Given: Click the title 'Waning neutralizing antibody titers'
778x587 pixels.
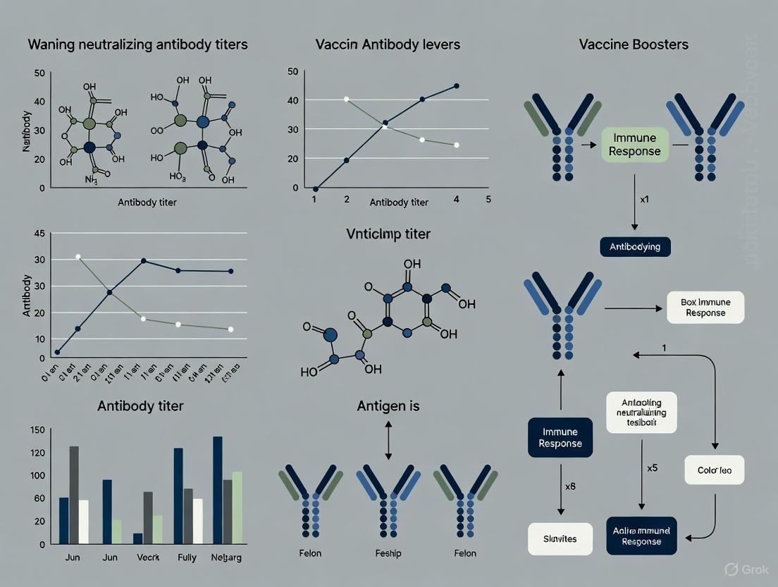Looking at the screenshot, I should point(137,44).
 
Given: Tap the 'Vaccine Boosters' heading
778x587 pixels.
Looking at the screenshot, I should point(634,44).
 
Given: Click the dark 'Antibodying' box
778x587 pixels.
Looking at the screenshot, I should point(635,247).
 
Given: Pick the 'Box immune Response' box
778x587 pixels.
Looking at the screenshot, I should point(705,307).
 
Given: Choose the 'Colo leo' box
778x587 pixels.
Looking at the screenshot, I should point(715,470).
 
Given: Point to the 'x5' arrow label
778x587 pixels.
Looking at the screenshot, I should point(652,468).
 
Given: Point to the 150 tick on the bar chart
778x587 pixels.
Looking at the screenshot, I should point(37,430).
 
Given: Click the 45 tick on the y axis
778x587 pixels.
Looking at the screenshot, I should point(39,234).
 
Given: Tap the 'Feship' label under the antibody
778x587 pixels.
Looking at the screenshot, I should point(388,553).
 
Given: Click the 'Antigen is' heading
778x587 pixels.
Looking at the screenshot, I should point(389,406).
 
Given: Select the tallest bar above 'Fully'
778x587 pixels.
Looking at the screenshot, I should point(178,495).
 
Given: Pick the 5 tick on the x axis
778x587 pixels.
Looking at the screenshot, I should point(488,199).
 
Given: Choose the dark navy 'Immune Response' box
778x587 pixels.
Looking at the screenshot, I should point(560,437).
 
